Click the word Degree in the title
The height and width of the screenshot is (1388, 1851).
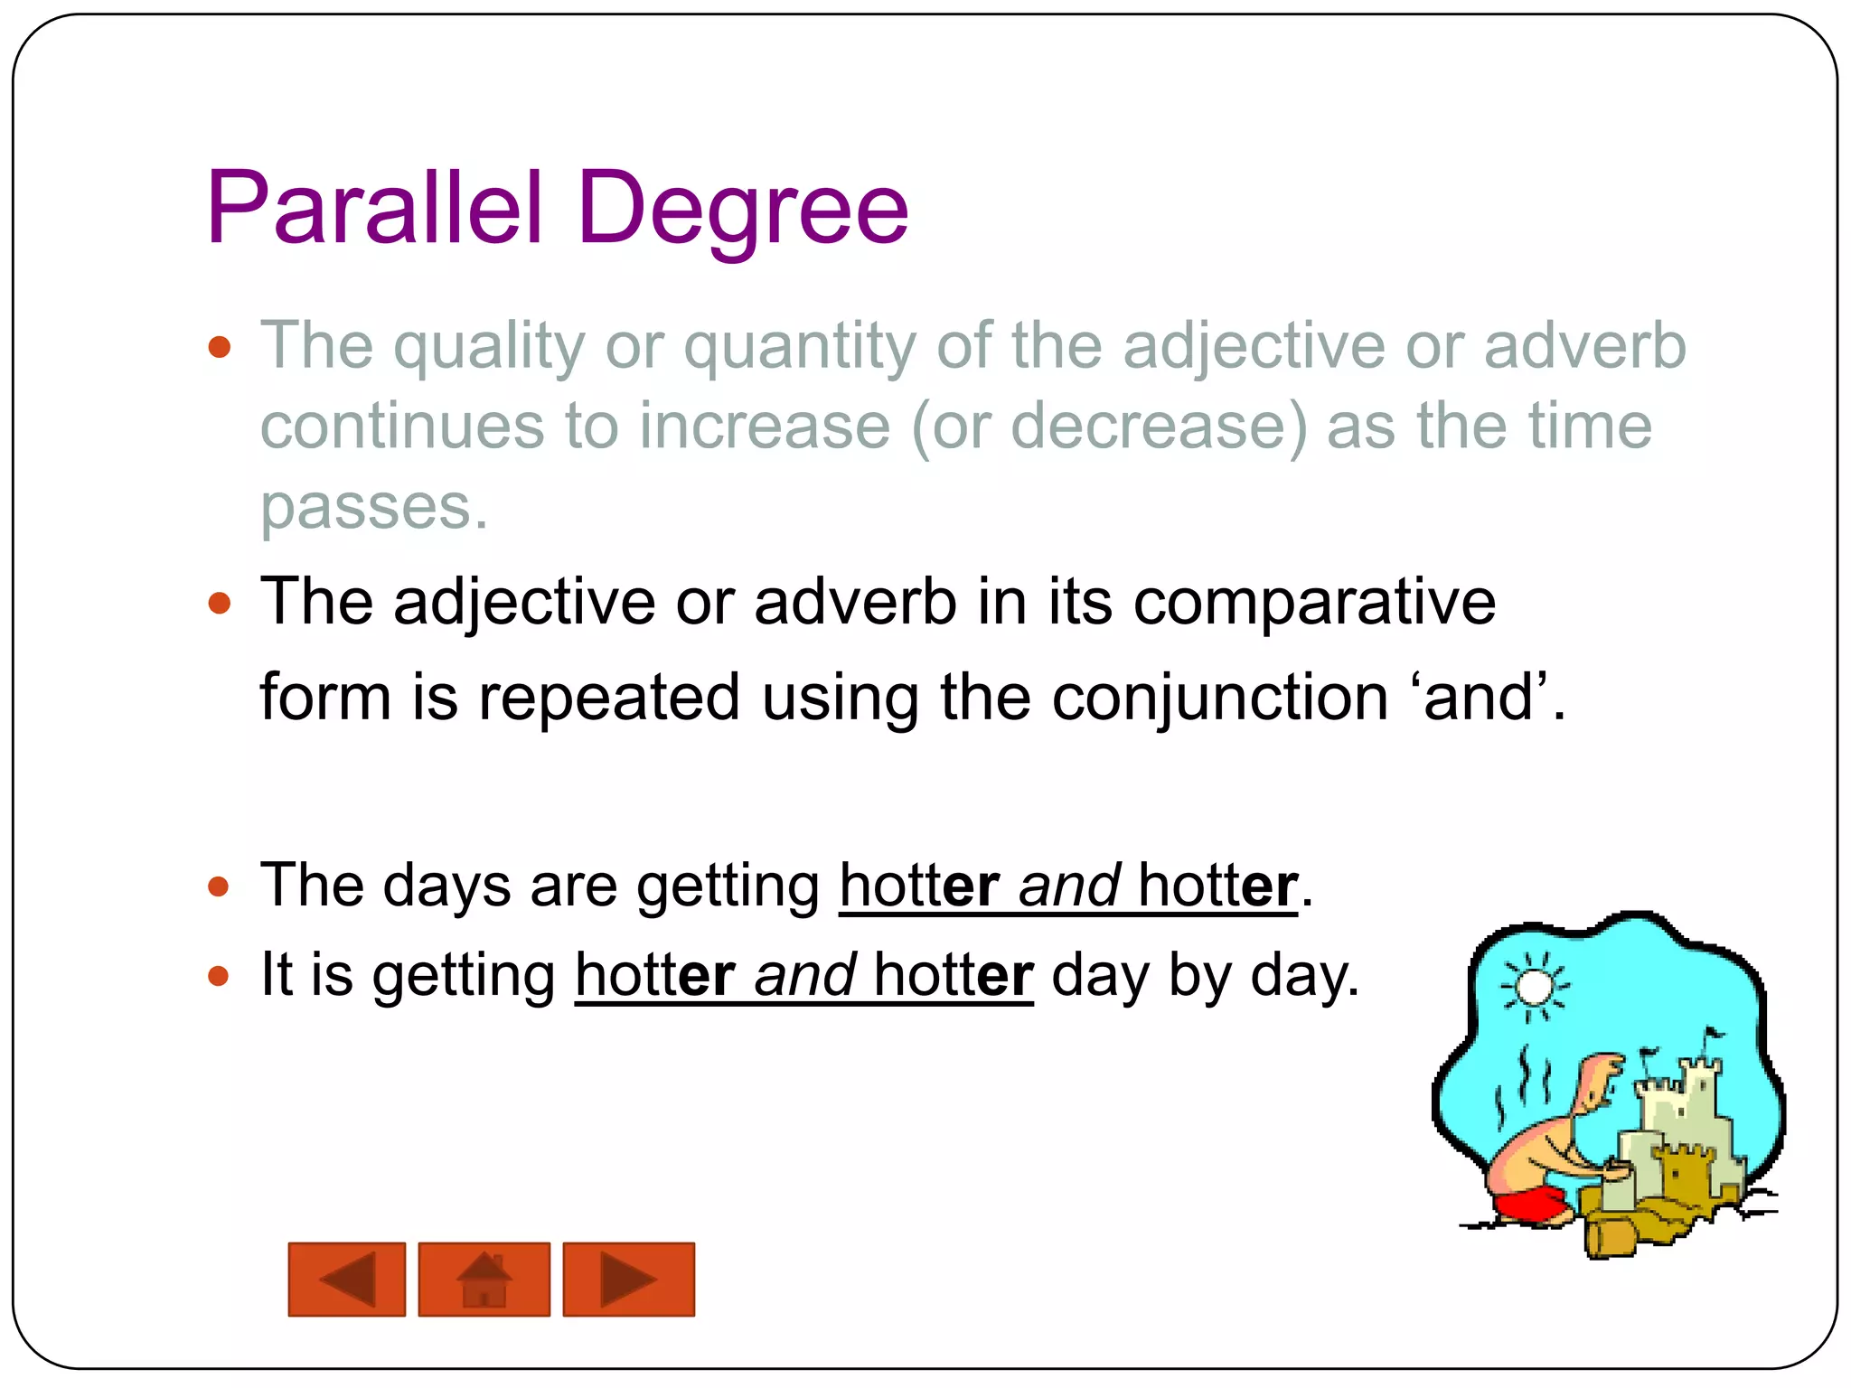(x=742, y=210)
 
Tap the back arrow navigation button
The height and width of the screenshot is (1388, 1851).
(x=347, y=1279)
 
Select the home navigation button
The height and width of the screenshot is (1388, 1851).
(x=484, y=1279)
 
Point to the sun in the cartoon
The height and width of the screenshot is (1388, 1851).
(x=1533, y=987)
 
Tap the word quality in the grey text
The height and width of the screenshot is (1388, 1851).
(x=489, y=347)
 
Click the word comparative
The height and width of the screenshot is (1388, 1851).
(x=1314, y=602)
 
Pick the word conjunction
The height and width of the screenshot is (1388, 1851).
(x=1220, y=698)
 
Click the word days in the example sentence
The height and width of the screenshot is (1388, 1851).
(x=446, y=885)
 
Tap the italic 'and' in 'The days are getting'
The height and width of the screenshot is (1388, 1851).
(x=1069, y=885)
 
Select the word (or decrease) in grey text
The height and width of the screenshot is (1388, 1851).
(x=1108, y=427)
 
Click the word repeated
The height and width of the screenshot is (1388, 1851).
(x=609, y=698)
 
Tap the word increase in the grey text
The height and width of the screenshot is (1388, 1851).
(x=765, y=427)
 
